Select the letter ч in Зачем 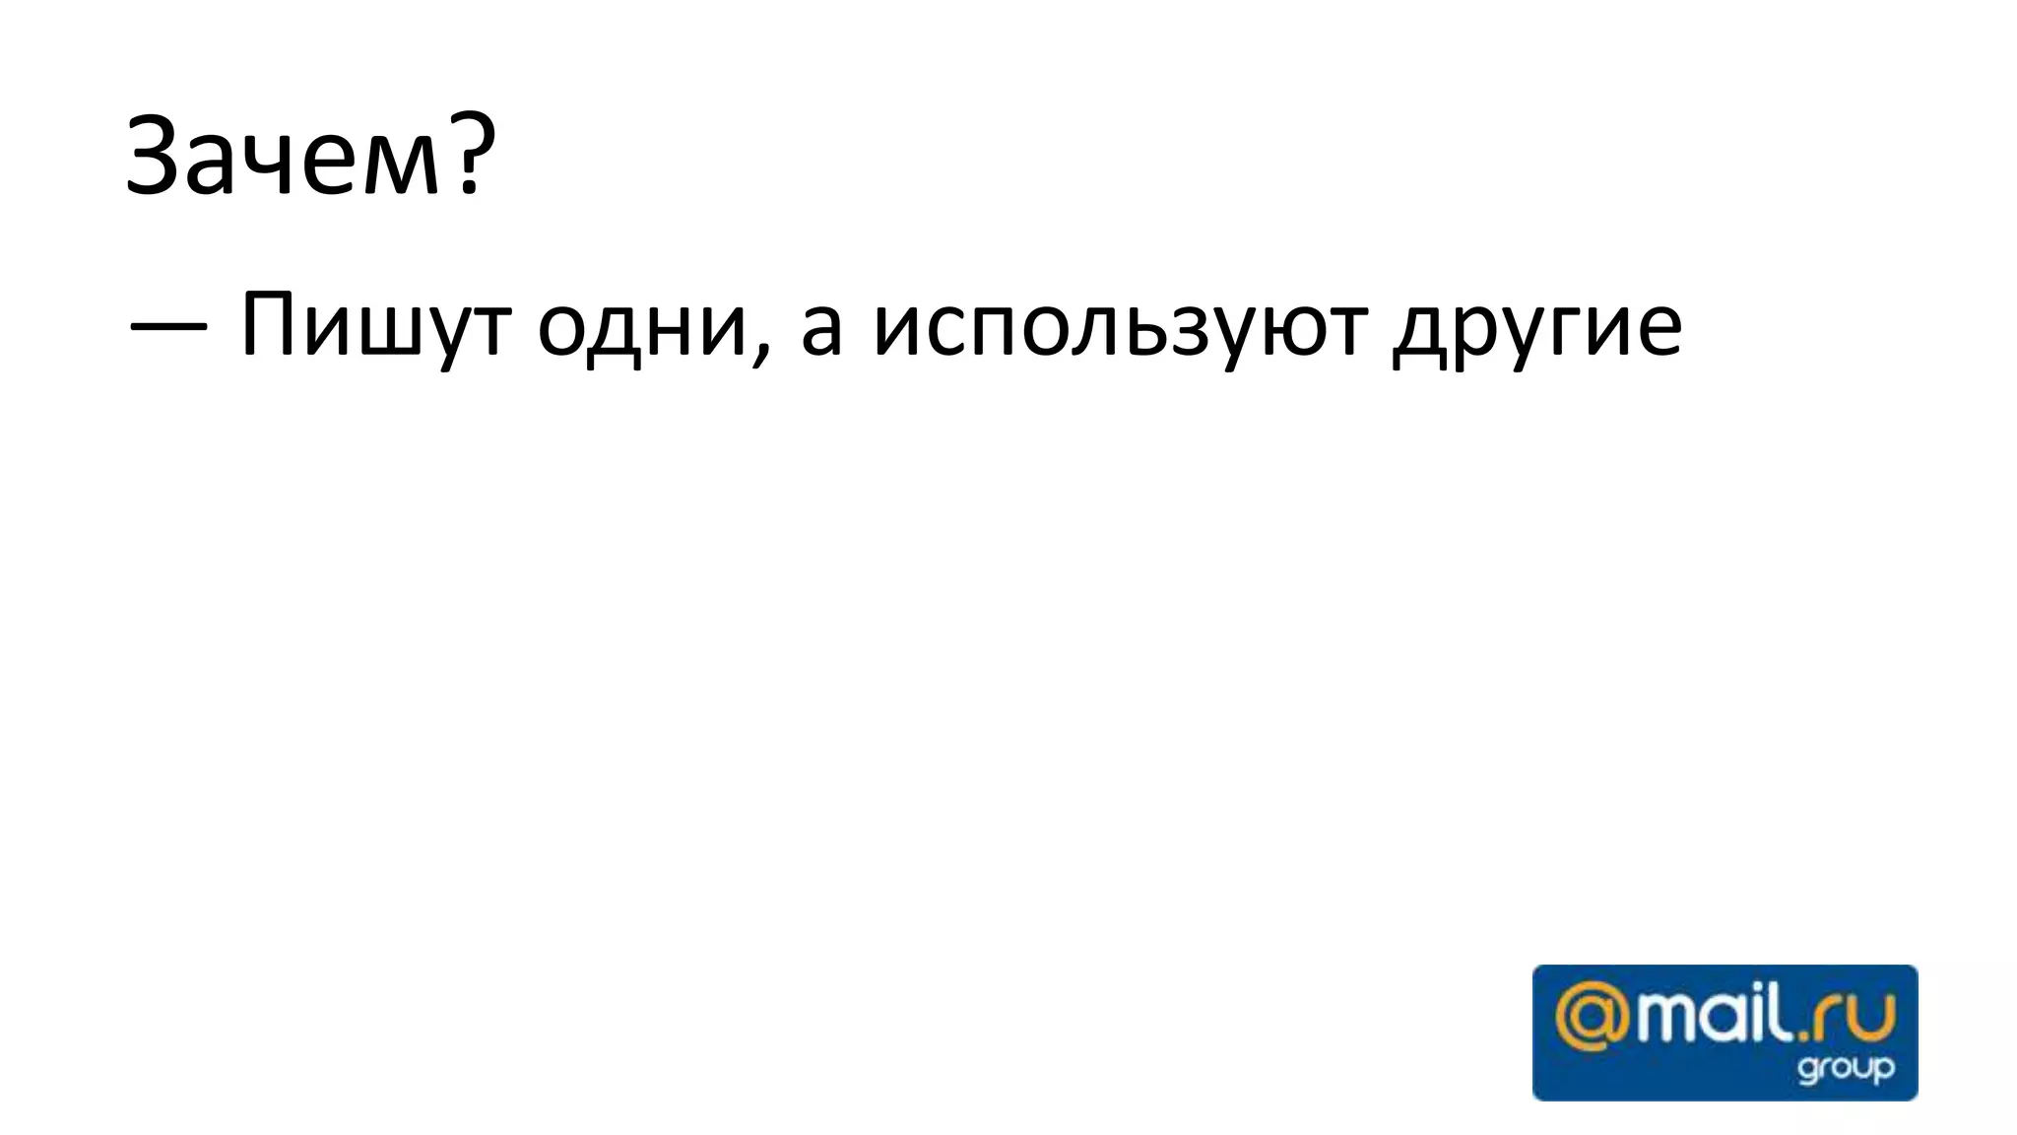[274, 166]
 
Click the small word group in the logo [1845, 1069]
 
